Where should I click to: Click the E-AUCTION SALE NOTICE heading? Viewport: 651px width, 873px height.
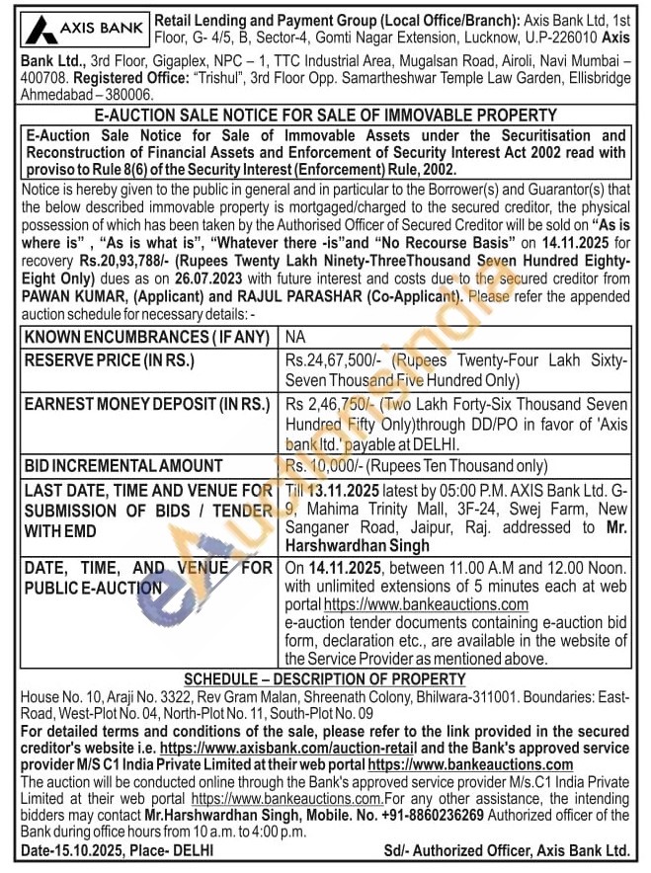coord(325,116)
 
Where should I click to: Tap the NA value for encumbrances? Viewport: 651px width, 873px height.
coord(295,338)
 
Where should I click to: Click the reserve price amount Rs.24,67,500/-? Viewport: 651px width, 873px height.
coord(332,360)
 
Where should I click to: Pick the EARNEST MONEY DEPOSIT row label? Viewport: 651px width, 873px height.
coord(144,404)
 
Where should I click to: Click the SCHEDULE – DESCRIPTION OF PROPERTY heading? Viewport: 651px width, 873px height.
coord(325,679)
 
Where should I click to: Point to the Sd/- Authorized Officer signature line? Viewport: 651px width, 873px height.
coord(507,850)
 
